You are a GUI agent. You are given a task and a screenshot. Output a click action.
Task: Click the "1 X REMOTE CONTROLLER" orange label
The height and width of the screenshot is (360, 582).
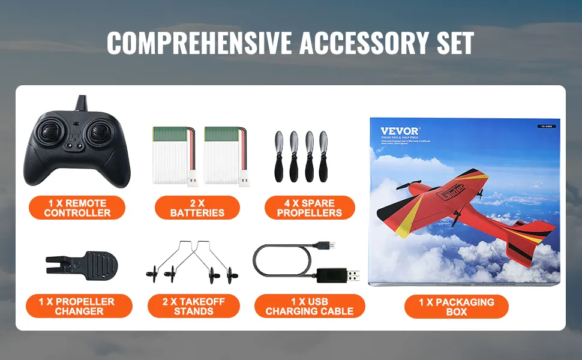click(x=77, y=208)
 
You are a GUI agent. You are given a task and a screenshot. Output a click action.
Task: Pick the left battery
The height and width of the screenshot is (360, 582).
click(x=173, y=155)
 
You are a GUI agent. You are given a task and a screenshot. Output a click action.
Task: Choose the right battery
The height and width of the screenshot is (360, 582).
click(x=224, y=155)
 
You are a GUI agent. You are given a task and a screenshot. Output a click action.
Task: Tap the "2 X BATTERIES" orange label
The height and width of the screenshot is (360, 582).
click(x=197, y=208)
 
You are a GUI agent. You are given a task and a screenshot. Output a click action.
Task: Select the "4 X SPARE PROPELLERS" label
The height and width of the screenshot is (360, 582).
click(x=310, y=208)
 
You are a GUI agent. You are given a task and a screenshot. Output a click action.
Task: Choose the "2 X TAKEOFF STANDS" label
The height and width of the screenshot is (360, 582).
click(x=194, y=306)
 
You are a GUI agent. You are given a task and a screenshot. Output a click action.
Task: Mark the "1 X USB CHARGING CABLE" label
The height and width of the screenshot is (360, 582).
click(x=310, y=306)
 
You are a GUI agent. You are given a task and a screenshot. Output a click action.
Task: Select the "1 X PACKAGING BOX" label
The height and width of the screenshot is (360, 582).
click(x=456, y=306)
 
